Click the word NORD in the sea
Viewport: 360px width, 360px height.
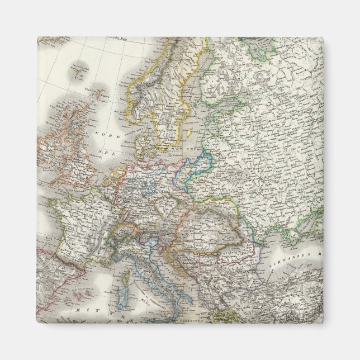point(103,135)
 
